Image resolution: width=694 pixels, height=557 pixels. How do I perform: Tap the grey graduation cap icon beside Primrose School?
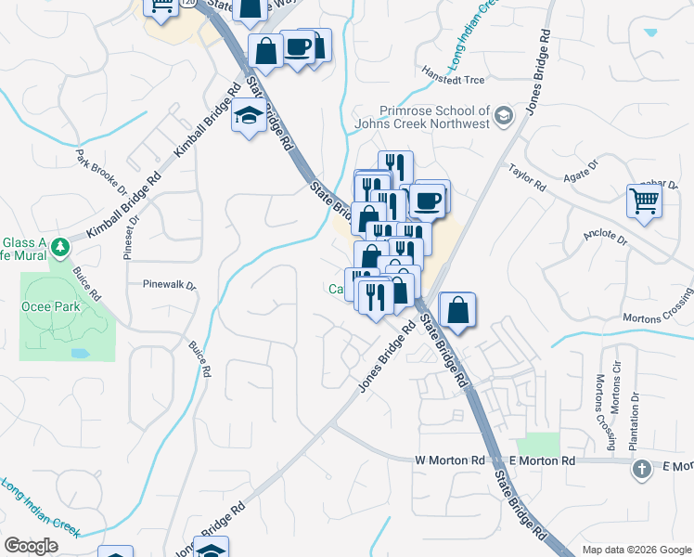[504, 116]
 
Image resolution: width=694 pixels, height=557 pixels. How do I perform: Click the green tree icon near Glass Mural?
[61, 247]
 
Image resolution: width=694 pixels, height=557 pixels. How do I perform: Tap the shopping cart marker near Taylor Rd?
[644, 201]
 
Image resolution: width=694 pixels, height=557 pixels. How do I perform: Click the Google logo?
[31, 546]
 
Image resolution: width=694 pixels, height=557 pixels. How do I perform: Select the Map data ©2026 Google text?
[636, 550]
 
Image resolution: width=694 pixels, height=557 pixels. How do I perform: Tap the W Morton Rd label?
[450, 460]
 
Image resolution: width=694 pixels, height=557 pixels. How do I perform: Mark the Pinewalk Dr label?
[170, 285]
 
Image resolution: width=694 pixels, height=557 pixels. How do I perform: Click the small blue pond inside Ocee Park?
[79, 353]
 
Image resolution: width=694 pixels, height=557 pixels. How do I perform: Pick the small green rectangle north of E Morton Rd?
[538, 444]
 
